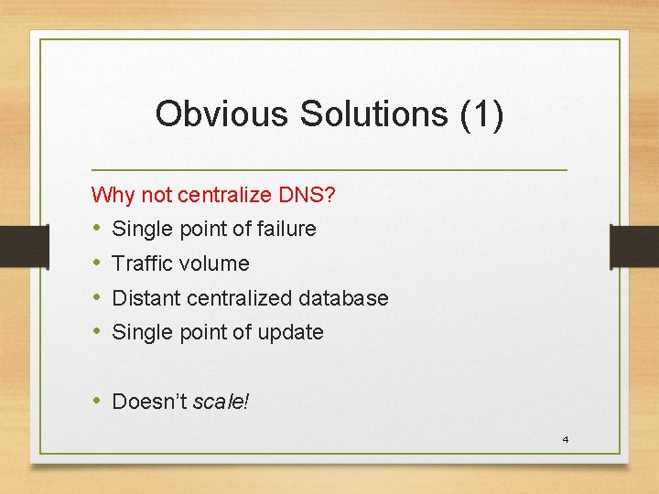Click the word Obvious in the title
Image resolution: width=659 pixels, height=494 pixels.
click(210, 114)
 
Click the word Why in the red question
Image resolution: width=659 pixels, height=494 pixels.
click(112, 194)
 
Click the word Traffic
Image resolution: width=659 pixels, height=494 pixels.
click(143, 263)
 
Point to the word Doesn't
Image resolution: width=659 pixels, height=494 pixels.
click(149, 401)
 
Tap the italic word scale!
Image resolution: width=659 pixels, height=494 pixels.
click(221, 402)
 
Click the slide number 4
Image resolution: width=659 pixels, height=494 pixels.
click(565, 440)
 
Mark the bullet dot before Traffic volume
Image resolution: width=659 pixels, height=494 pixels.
click(97, 263)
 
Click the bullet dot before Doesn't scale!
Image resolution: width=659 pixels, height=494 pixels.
click(97, 401)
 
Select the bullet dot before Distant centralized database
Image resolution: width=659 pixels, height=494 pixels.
click(97, 298)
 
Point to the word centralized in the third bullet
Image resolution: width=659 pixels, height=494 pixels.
click(241, 298)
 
